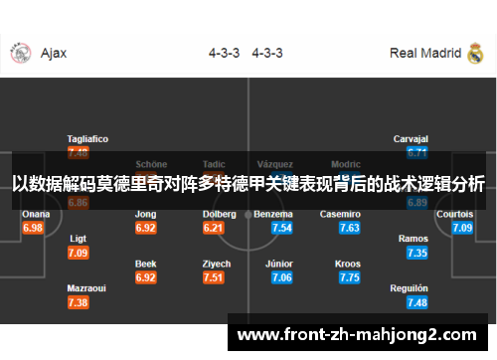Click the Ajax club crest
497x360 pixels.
coord(20,54)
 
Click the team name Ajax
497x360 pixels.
coord(54,54)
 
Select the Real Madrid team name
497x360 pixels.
coord(425,54)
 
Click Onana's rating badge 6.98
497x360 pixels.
coord(34,228)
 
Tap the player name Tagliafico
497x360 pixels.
coord(87,138)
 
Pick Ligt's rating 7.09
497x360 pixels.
coord(79,253)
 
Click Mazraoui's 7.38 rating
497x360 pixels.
coord(79,302)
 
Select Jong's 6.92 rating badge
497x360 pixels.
coord(146,228)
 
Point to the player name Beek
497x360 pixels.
coord(146,264)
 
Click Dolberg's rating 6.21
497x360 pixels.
coord(213,228)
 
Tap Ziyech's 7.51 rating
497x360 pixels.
coord(213,277)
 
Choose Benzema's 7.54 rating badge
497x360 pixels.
coord(281,228)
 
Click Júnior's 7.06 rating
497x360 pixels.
coord(281,277)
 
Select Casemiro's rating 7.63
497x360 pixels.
coord(349,228)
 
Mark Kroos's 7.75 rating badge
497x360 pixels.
coord(349,277)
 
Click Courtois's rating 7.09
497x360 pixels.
coord(462,228)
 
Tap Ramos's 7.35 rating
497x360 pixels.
coord(417,253)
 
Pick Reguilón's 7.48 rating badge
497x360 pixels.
coord(417,302)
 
